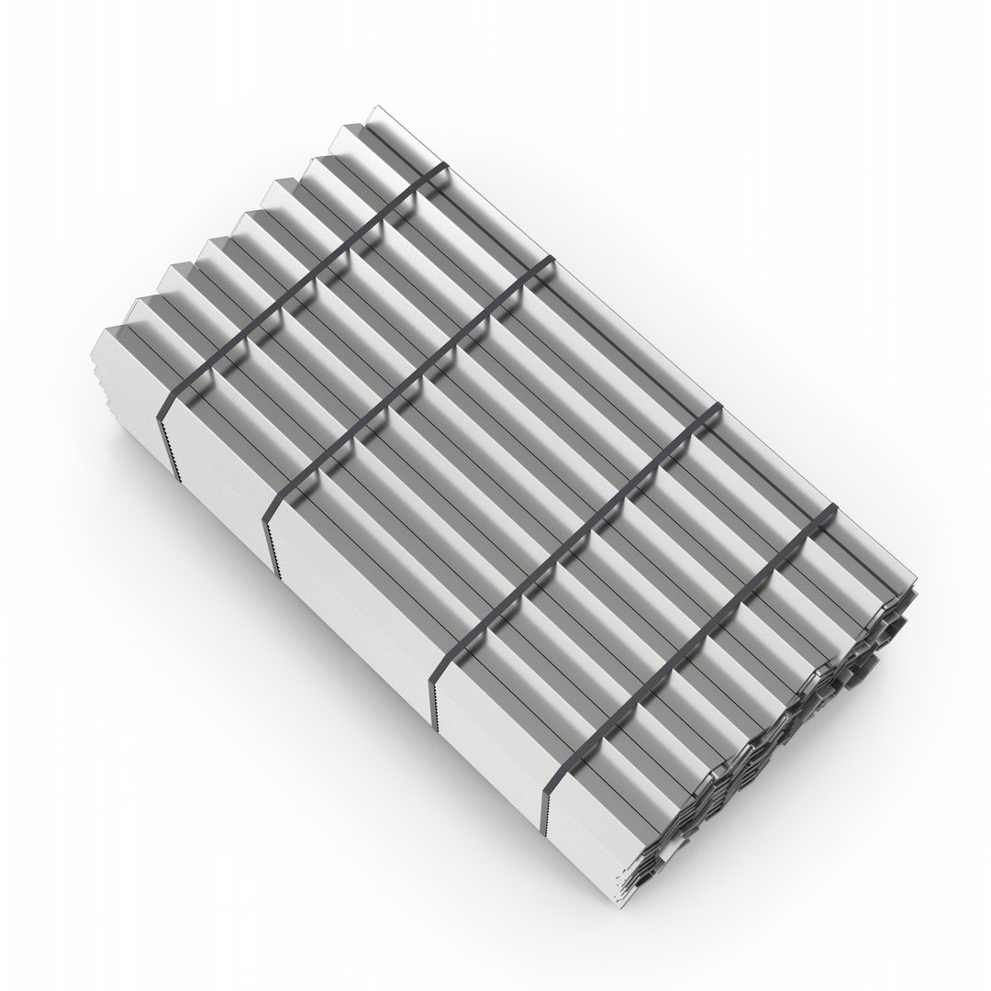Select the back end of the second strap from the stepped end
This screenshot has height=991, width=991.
point(551,262)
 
